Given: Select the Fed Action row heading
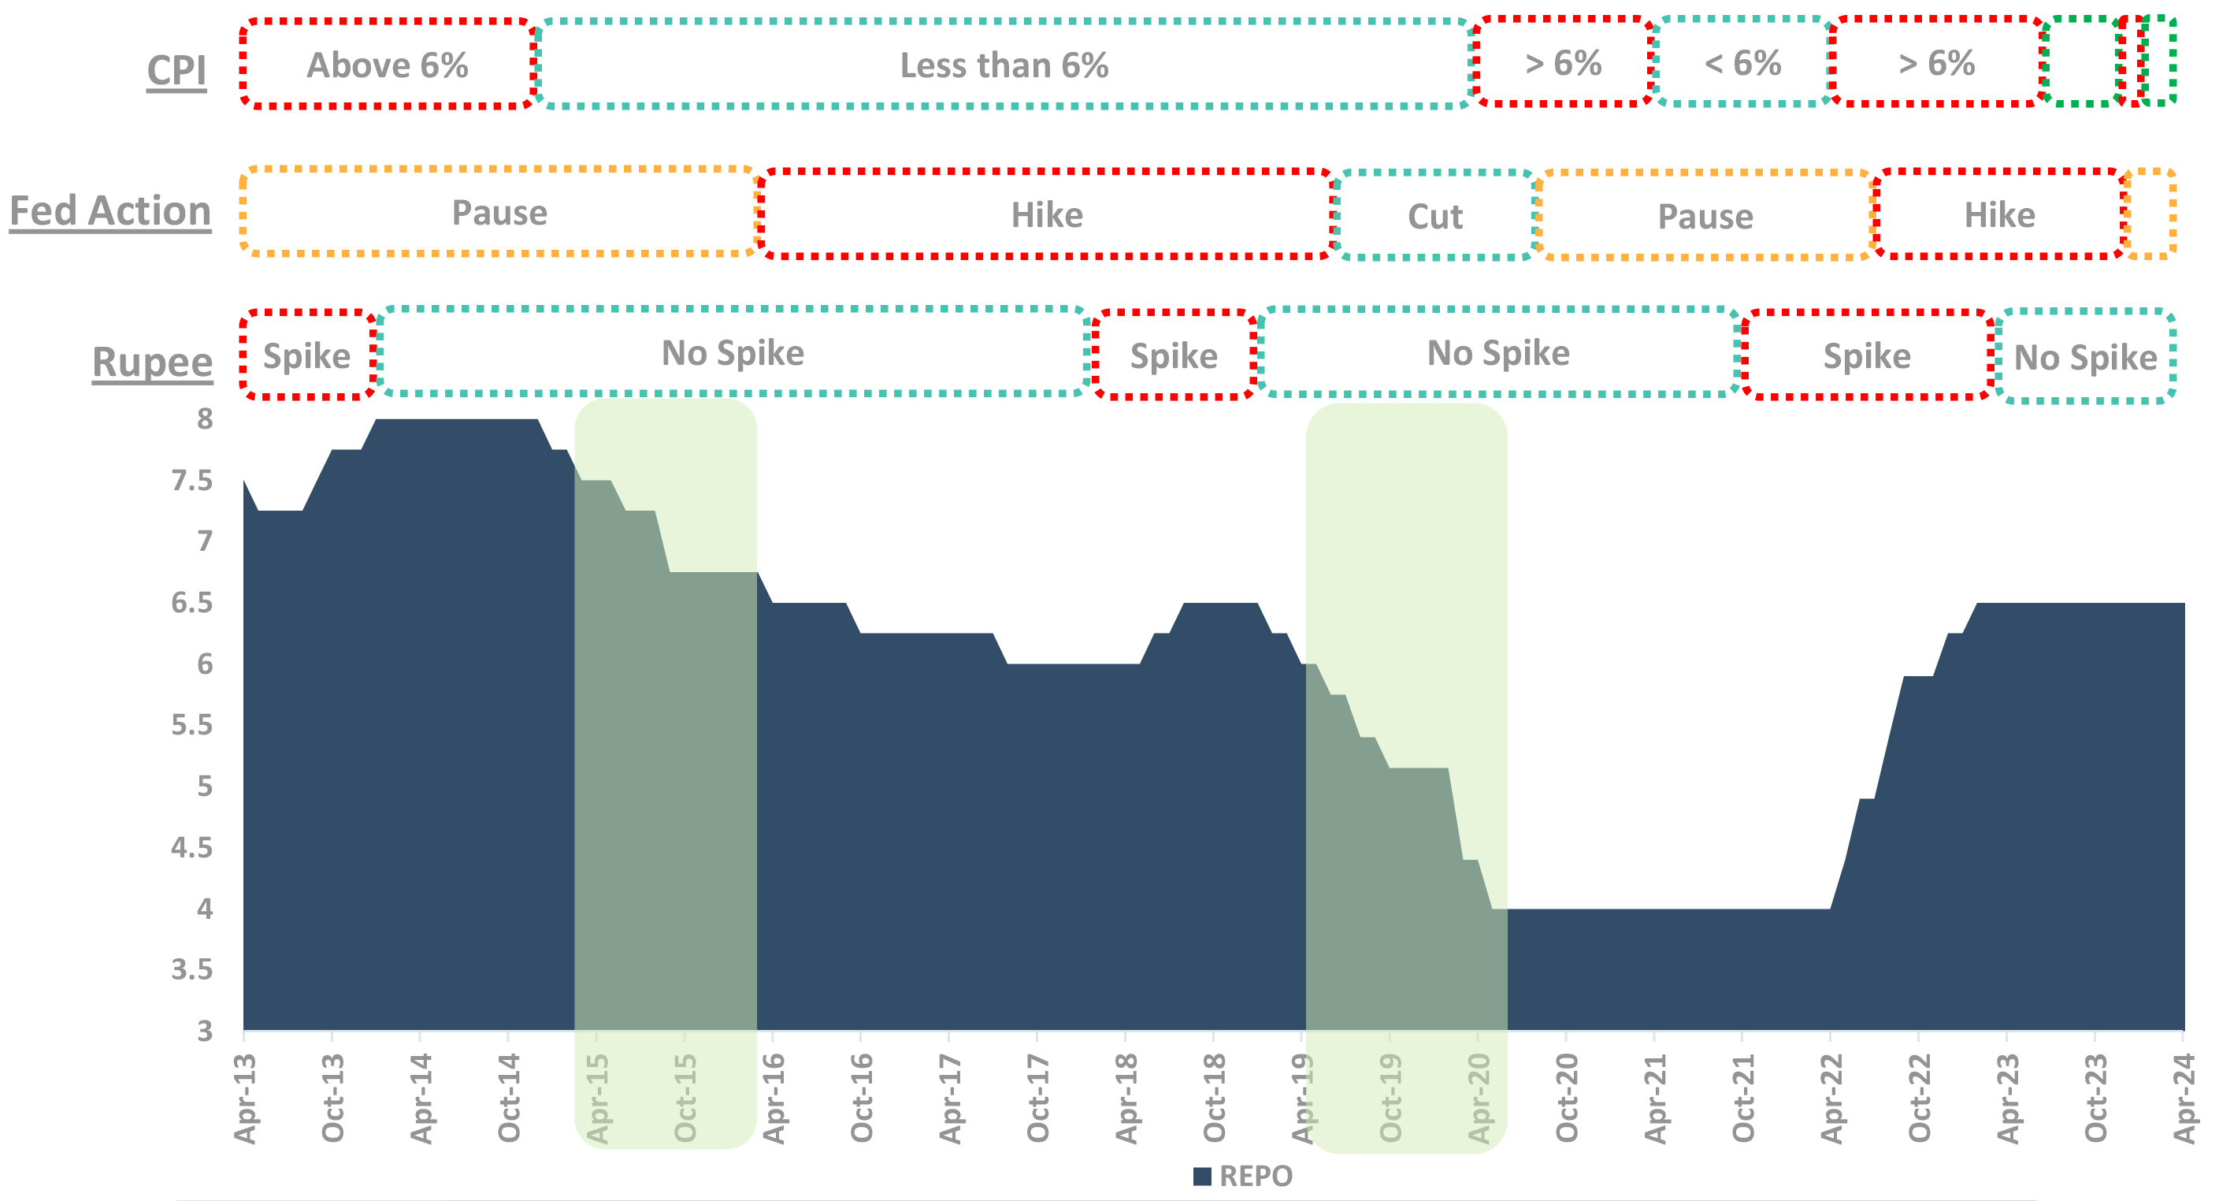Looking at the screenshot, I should tap(110, 212).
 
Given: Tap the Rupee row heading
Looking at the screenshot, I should tap(153, 362).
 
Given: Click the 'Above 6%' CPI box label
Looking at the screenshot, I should tap(388, 65).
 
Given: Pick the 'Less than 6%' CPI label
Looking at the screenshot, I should tap(1004, 65).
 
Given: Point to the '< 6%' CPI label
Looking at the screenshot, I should tap(1742, 63).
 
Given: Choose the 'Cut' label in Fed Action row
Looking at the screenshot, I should tap(1435, 216).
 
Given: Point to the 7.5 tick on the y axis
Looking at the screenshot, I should tap(192, 481).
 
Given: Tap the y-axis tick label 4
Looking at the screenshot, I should tap(204, 909).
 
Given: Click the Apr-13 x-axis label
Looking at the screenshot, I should tap(246, 1099).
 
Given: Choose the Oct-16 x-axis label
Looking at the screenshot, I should tap(862, 1099).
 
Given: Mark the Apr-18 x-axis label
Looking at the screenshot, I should tap(1126, 1099).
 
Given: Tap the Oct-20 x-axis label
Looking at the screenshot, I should tap(1566, 1099).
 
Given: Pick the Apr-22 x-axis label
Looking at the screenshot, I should tap(1831, 1099).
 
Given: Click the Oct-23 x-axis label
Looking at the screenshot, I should tap(2095, 1099).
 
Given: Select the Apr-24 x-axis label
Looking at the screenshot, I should tap(2184, 1099).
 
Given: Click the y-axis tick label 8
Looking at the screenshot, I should tap(204, 419).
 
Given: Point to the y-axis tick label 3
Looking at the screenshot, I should tap(204, 1032).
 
